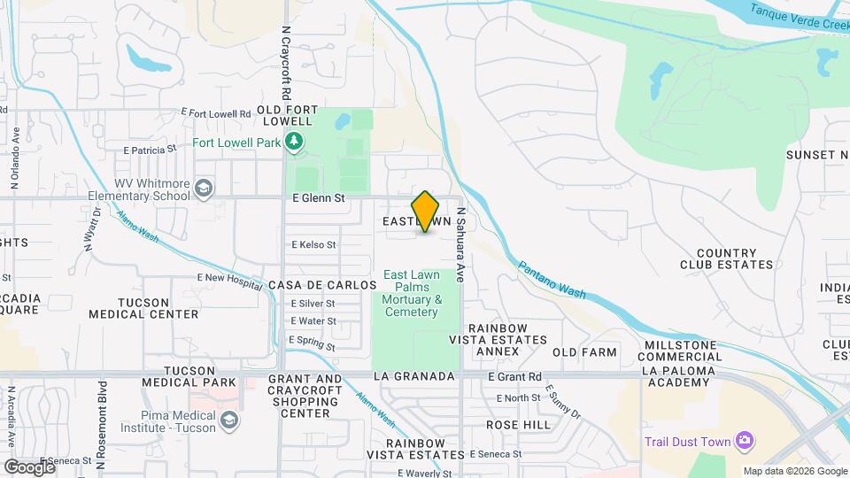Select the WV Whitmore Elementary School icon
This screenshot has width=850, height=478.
[205, 188]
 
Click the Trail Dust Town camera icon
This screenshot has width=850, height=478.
[745, 441]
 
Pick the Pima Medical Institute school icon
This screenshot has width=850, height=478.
[229, 420]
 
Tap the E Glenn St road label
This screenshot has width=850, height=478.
[318, 199]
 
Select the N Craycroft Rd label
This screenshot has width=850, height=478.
[286, 62]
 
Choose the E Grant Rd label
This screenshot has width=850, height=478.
[514, 376]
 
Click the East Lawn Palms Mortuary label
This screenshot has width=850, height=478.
[412, 294]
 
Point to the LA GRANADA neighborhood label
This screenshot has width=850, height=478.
[414, 376]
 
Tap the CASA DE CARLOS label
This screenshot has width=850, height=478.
[322, 285]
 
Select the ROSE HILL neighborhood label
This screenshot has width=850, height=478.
[518, 425]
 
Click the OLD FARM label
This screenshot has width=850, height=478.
[584, 352]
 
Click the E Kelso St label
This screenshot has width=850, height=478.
[313, 244]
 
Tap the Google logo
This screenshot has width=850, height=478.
[29, 466]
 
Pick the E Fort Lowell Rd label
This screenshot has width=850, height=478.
[216, 113]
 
